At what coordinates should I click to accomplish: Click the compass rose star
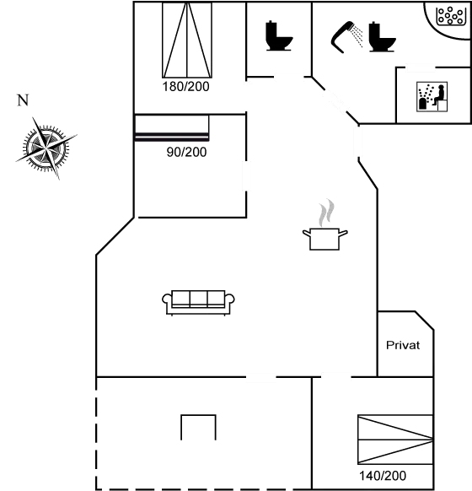click(x=46, y=148)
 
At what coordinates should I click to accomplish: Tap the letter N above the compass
click(x=22, y=102)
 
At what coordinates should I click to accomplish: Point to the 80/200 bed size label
click(x=186, y=152)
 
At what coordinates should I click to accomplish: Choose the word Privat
click(x=402, y=345)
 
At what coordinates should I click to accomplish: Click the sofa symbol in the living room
click(x=200, y=302)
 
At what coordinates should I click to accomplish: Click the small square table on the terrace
click(x=198, y=427)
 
